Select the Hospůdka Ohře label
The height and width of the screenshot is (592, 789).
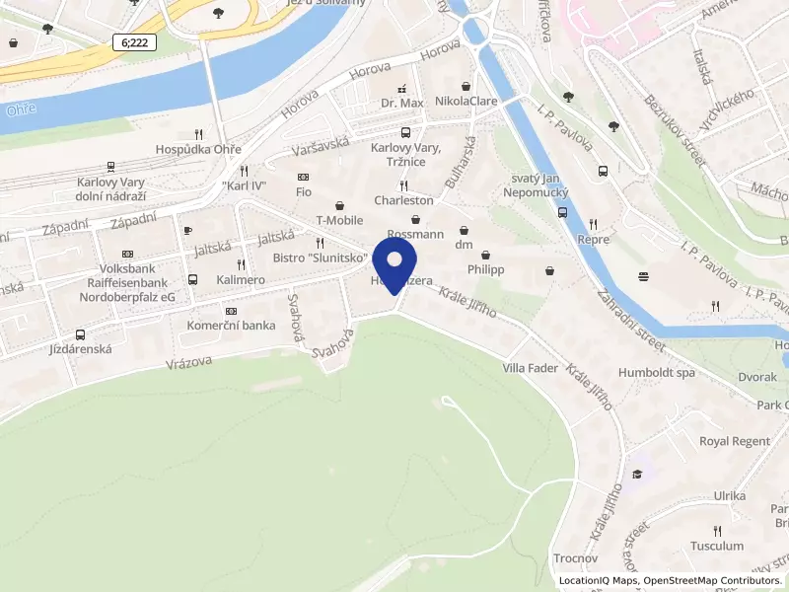click(198, 150)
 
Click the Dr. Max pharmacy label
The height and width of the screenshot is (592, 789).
click(401, 102)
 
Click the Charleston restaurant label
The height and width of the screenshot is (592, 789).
click(403, 200)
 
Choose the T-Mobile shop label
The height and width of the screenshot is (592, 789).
click(339, 220)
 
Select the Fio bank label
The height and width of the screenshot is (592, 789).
click(304, 191)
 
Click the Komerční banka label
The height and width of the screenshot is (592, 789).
click(231, 325)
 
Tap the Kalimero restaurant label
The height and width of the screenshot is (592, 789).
click(242, 280)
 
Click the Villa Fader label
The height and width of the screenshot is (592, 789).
click(530, 368)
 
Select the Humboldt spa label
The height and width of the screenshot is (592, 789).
click(657, 373)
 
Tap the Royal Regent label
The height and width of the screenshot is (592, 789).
click(734, 441)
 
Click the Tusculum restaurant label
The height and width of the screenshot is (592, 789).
click(717, 546)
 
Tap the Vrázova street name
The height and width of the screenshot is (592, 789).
click(189, 362)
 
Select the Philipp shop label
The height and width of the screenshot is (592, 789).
click(485, 269)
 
